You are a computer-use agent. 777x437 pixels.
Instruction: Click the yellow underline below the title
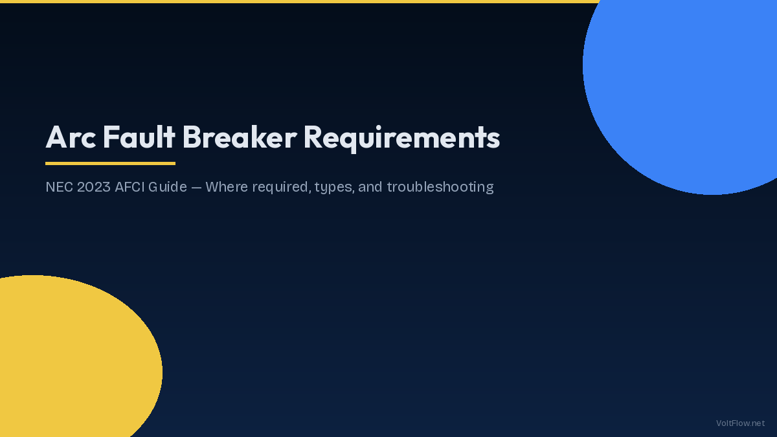(x=110, y=163)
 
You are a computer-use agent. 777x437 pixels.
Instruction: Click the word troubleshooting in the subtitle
(x=440, y=188)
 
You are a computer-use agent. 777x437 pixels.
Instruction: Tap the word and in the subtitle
(x=371, y=187)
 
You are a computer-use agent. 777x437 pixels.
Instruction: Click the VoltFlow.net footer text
(x=740, y=423)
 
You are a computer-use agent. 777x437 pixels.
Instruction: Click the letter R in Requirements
(x=313, y=137)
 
